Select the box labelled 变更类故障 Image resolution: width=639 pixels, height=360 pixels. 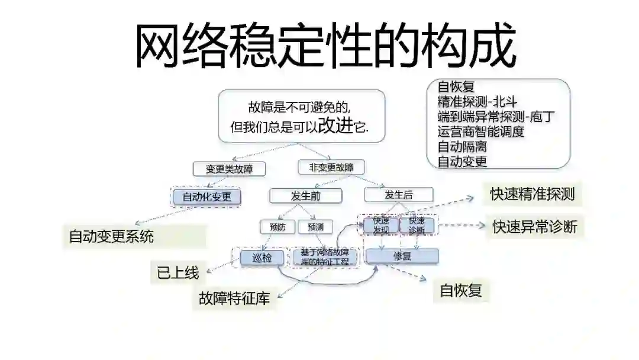click(229, 169)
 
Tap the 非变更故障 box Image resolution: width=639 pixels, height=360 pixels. click(331, 167)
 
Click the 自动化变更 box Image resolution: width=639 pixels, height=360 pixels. click(206, 197)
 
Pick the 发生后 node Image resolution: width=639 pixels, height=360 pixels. click(399, 194)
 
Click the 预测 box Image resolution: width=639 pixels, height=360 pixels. click(315, 227)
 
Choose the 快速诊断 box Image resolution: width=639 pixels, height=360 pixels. click(417, 225)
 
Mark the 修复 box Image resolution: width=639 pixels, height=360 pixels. click(402, 256)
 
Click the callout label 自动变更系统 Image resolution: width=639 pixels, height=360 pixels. click(111, 237)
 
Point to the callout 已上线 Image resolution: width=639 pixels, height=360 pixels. click(177, 273)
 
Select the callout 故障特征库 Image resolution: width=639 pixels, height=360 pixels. click(234, 298)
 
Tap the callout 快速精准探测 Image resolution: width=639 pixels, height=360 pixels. click(532, 194)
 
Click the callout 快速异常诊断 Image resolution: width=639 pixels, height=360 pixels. click(535, 227)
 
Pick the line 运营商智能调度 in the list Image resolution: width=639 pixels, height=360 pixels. click(481, 131)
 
